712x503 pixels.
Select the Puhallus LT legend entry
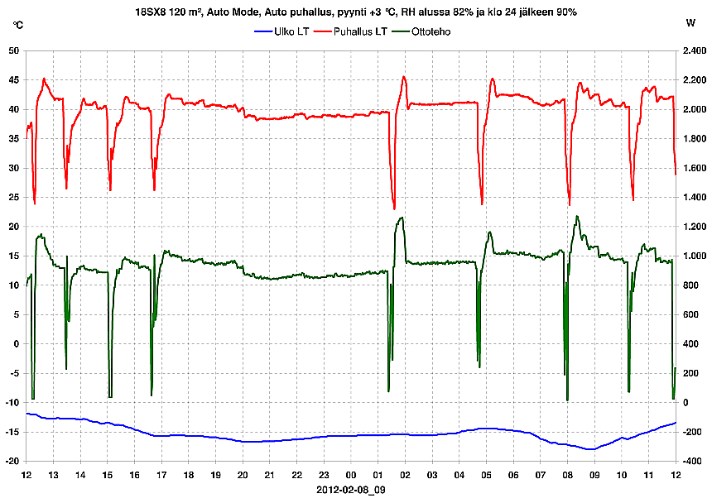[x=361, y=31]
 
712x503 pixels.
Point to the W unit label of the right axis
[x=690, y=25]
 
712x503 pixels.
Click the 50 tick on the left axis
[x=13, y=50]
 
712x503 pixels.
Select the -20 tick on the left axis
[x=12, y=462]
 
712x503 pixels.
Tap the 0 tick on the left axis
[x=16, y=344]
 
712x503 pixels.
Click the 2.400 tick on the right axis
[x=694, y=50]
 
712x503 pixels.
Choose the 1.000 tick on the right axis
[x=694, y=256]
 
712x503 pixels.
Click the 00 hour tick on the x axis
[x=351, y=475]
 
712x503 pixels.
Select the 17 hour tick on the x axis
[x=161, y=475]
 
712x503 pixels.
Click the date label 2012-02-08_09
[x=351, y=490]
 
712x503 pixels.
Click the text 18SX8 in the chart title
[x=153, y=12]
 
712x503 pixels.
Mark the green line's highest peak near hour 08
[x=577, y=217]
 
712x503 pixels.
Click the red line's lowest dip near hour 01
[x=394, y=208]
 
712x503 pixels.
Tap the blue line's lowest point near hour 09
[x=589, y=449]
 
